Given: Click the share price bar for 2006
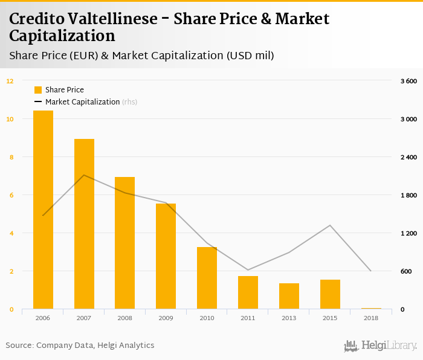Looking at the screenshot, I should coord(43,210).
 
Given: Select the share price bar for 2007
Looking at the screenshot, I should coord(84,224).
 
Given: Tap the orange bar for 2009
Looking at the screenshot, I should coord(166,256).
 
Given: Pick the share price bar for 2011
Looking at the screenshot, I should coord(248,292).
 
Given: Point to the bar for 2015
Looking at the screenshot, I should coord(330,294).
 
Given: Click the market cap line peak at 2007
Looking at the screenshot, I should coord(84,175).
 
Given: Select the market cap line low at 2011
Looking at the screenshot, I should coord(248,270).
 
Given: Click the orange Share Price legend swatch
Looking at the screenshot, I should coord(38,90).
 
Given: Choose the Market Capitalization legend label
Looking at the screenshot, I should coord(83,102).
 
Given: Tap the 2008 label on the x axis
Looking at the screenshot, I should coord(124,317).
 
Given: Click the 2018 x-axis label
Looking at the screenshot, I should coord(370,317).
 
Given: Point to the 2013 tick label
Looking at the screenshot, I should coord(289,317).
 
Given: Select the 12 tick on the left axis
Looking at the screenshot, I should coord(10,81).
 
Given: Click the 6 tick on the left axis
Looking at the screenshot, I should coord(11,195).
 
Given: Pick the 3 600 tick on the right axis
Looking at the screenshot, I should coord(408,81).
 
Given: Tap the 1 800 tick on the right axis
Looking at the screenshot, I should coord(408,195).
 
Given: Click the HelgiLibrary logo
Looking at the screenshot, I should coord(381,346).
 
